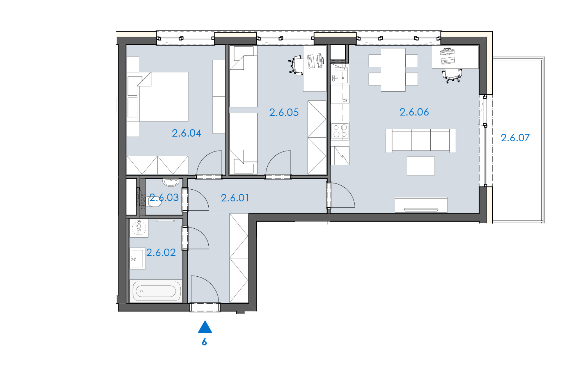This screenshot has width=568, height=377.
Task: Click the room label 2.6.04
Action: pos(186,133)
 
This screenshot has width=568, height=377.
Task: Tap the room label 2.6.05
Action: pos(284,112)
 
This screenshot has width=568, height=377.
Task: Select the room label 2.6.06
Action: pos(414,112)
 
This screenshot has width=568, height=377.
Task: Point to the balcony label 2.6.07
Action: pos(515,138)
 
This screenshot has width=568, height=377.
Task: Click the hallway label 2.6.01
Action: pos(235,198)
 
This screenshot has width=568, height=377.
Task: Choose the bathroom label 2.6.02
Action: pos(161,253)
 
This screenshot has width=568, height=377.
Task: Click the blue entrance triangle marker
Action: pos(205,327)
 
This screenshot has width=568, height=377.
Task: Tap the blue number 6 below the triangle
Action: pos(204,342)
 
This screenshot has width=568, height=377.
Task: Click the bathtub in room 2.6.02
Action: pos(156,291)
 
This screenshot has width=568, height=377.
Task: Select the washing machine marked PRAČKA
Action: pos(139,228)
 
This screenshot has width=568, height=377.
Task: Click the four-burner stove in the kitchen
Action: pos(340,131)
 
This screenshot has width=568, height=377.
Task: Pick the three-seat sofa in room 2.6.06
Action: pos(421,140)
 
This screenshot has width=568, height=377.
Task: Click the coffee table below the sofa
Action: pos(421,166)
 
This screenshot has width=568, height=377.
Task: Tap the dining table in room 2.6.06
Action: pos(393,70)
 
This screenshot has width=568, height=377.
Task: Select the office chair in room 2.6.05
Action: pos(295,66)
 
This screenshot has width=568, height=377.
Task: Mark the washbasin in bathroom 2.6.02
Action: pos(137,258)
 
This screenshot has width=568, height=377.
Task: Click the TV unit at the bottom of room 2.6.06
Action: pos(421,205)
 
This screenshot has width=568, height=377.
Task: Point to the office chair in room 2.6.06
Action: pos(452,75)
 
